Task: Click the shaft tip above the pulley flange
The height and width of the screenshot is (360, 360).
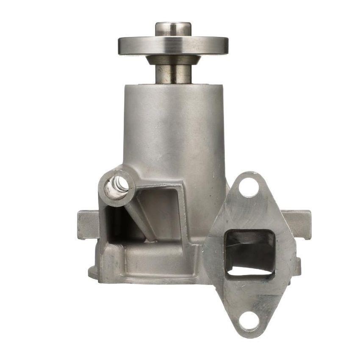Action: pyautogui.click(x=173, y=28)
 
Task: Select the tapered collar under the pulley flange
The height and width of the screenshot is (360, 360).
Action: pyautogui.click(x=173, y=60)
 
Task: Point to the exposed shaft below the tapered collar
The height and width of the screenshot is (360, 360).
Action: pyautogui.click(x=173, y=74)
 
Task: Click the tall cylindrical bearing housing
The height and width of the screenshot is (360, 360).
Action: pyautogui.click(x=174, y=127)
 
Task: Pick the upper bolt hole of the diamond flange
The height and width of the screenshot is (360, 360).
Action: pyautogui.click(x=249, y=187)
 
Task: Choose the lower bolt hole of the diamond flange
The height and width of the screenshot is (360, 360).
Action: pyautogui.click(x=249, y=321)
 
